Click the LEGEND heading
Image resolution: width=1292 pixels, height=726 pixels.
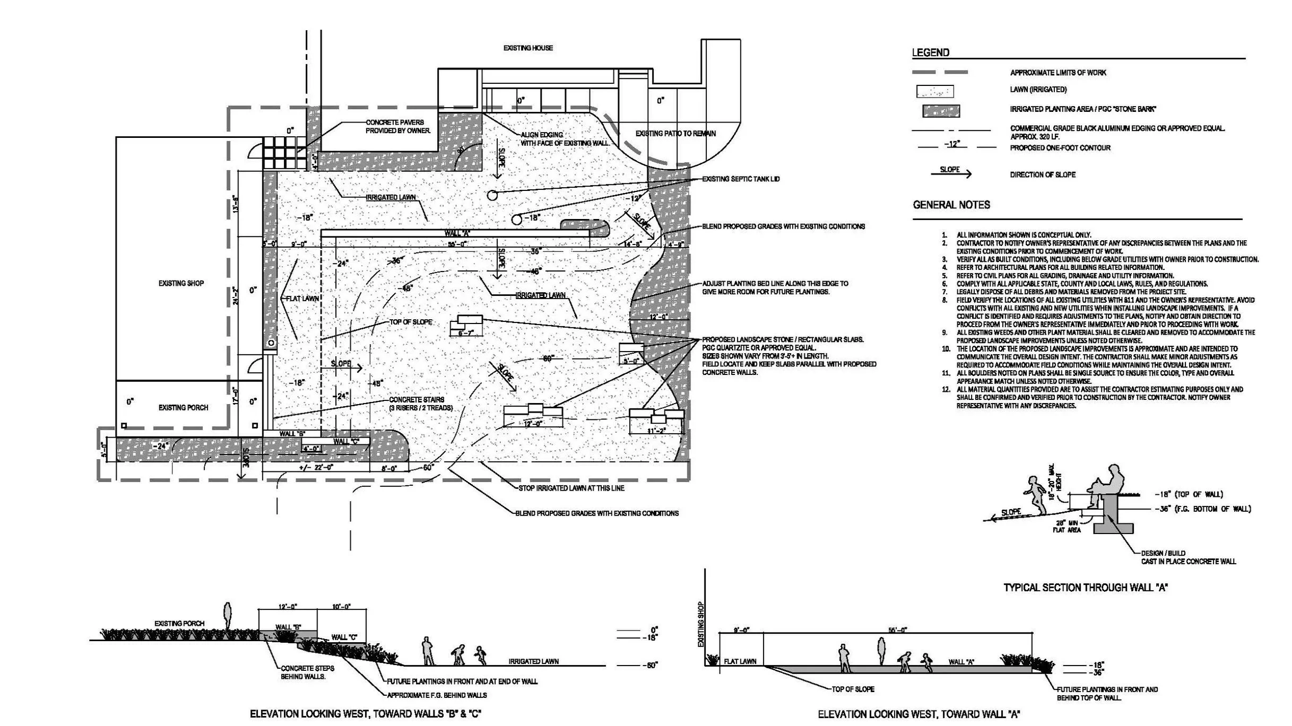coord(930,53)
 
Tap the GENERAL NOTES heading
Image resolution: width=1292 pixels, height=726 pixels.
coord(951,205)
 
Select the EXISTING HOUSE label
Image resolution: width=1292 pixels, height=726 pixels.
coord(527,48)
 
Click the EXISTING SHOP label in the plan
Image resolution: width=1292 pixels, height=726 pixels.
coord(181,283)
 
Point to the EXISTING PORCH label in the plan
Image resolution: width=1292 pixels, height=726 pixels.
coord(183,407)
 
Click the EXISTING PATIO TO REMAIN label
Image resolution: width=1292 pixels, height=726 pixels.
coord(675,133)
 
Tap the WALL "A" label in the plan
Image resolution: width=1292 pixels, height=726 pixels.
coord(457,233)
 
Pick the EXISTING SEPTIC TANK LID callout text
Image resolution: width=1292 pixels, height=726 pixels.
coord(741,179)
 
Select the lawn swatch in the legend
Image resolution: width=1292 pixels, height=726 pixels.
coord(934,92)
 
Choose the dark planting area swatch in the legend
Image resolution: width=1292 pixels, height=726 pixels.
coord(940,111)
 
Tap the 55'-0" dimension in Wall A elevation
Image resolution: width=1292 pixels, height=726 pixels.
coord(897,629)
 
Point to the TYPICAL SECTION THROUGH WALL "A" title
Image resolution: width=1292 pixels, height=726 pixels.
coord(1086,587)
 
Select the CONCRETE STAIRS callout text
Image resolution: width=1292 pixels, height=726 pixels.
coord(421,404)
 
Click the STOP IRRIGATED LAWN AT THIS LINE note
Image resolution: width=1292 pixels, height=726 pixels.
coord(571,488)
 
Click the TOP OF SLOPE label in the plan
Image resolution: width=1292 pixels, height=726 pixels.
coord(411,322)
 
